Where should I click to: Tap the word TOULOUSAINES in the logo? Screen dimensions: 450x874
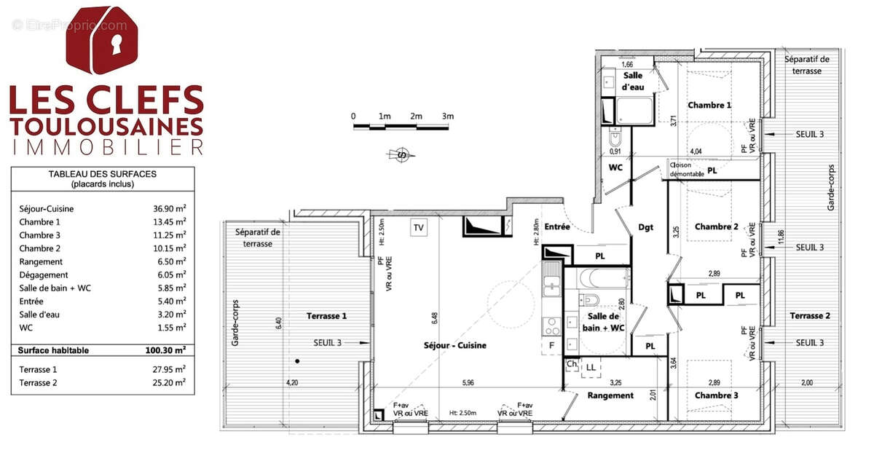pyautogui.click(x=106, y=125)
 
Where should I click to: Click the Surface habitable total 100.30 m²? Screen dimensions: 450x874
pyautogui.click(x=165, y=350)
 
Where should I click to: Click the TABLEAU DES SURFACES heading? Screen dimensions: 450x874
pyautogui.click(x=102, y=174)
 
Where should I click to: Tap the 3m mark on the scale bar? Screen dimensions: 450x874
pyautogui.click(x=447, y=117)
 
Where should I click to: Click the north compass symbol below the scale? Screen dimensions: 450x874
pyautogui.click(x=399, y=154)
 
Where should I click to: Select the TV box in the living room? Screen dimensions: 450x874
pyautogui.click(x=419, y=227)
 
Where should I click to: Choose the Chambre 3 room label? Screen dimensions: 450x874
pyautogui.click(x=715, y=395)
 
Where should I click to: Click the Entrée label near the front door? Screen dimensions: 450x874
pyautogui.click(x=556, y=227)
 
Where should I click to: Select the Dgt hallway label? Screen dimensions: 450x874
pyautogui.click(x=645, y=227)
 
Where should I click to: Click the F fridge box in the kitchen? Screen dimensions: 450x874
pyautogui.click(x=552, y=344)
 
